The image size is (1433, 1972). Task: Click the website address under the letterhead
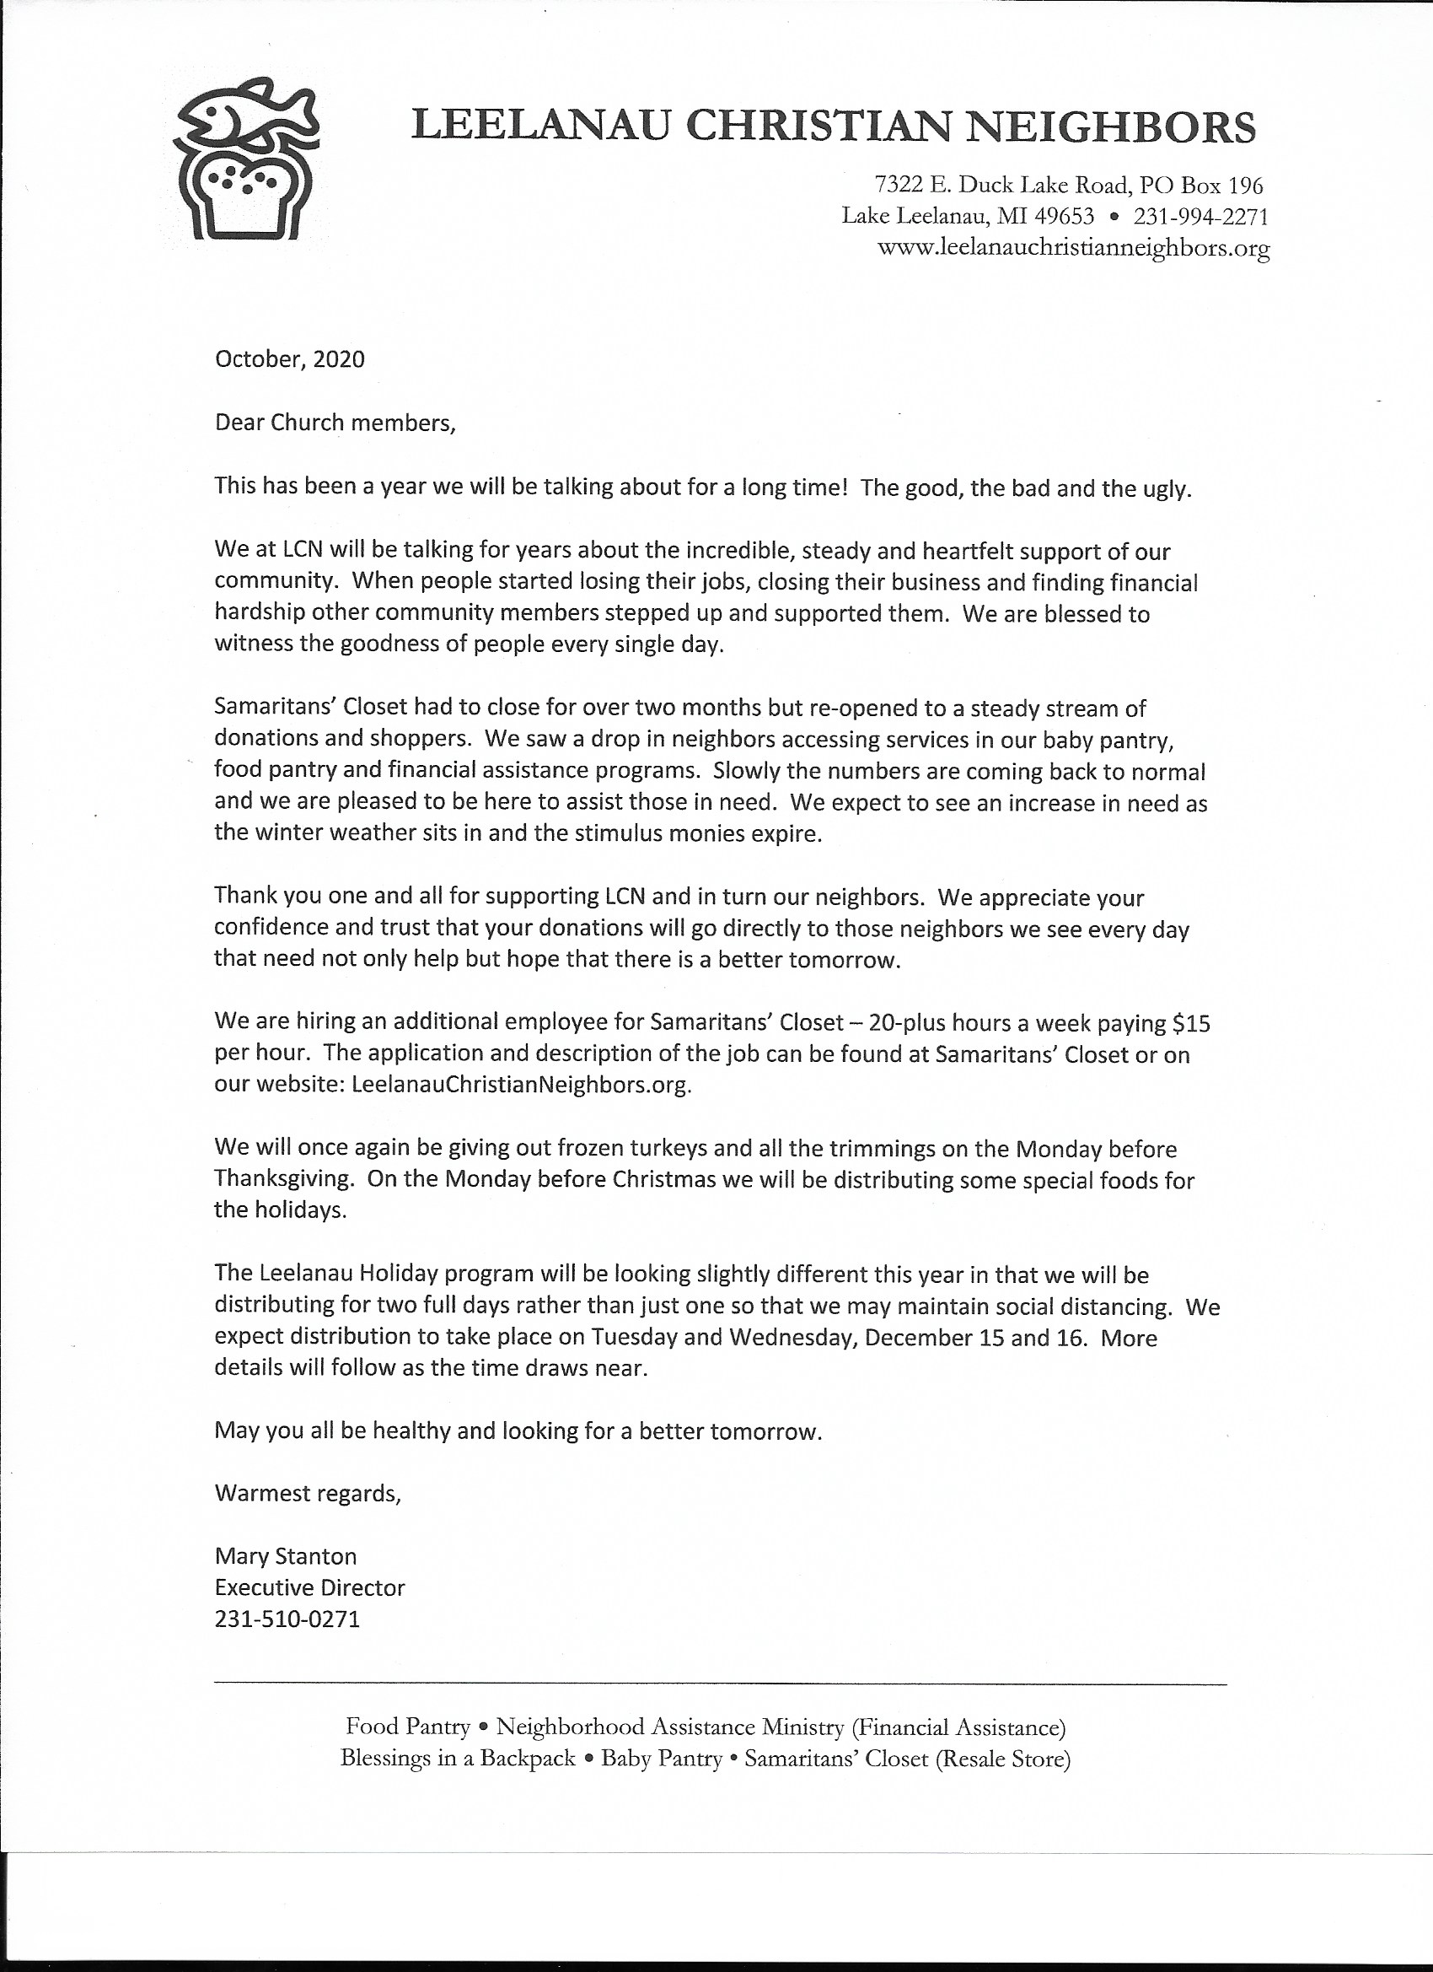(1074, 248)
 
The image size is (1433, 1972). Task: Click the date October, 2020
(289, 359)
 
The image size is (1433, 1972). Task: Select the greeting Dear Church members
(335, 423)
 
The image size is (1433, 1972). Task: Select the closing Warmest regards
(308, 1493)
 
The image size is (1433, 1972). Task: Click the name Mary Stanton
(285, 1555)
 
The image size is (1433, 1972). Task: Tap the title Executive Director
(309, 1587)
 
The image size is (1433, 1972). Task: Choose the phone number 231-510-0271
(287, 1619)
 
